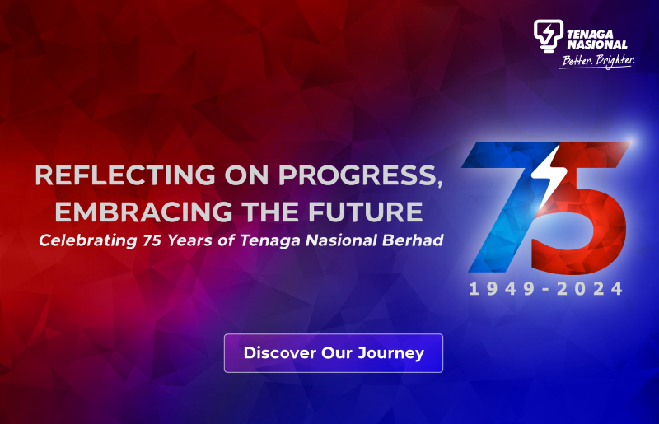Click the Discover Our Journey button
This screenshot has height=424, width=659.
coord(334,353)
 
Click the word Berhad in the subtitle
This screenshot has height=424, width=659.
coord(415,240)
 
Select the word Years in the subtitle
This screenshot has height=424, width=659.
coord(190,240)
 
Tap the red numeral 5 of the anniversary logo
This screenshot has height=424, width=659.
coord(581,214)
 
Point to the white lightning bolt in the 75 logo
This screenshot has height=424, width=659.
coord(545,173)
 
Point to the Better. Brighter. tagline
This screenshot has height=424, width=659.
coord(596,62)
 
